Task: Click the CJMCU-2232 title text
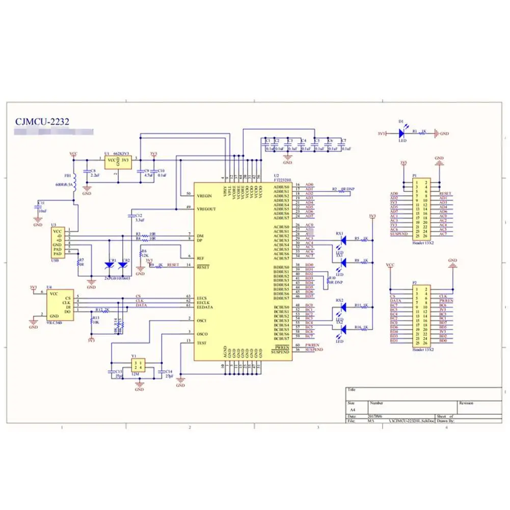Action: [41, 122]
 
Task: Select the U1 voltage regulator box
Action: [118, 163]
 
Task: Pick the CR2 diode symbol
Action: [123, 265]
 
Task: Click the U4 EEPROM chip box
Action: [58, 305]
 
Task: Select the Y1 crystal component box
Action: [138, 365]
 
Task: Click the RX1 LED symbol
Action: [343, 239]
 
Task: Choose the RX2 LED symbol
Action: [343, 306]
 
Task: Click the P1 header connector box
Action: [421, 208]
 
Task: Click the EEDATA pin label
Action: [205, 307]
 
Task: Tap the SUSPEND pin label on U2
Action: [280, 351]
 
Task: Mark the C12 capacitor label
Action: [139, 216]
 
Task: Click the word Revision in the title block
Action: [466, 402]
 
